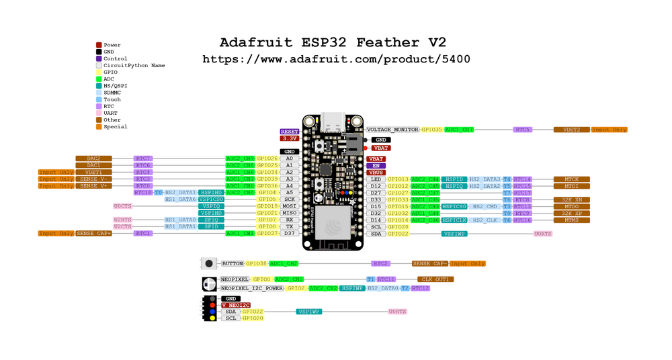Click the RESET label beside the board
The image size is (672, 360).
click(x=289, y=132)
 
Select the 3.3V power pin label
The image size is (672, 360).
click(x=289, y=138)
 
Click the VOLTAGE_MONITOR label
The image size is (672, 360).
click(x=392, y=130)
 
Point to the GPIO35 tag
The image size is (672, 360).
click(x=432, y=130)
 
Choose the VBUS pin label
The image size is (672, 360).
click(x=376, y=173)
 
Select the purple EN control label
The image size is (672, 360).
click(x=376, y=165)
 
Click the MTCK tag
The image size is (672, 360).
click(x=571, y=179)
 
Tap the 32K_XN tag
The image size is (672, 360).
click(x=571, y=199)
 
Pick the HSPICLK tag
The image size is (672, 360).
click(x=454, y=220)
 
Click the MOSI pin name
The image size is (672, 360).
click(x=289, y=206)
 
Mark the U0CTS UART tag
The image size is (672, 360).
click(x=123, y=206)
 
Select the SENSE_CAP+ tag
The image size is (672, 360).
click(x=93, y=233)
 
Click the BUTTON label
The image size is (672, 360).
click(x=233, y=264)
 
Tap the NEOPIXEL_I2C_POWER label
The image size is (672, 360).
click(x=252, y=288)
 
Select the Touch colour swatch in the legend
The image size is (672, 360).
click(x=99, y=99)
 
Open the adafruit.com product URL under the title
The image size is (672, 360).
click(x=336, y=59)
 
